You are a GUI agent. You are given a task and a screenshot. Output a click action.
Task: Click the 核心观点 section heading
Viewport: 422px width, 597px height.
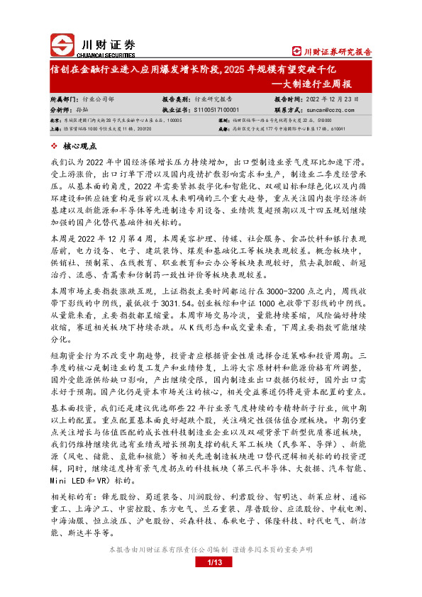tap(79, 145)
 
